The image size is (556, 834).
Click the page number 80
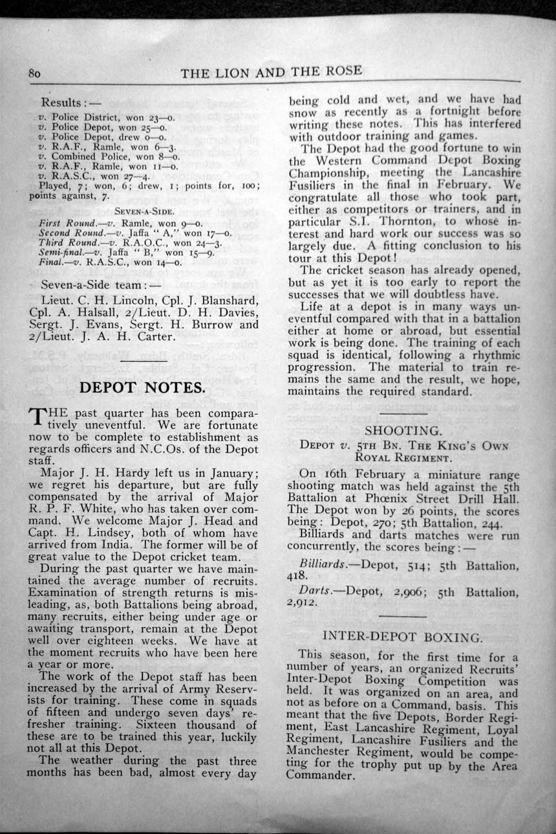[x=35, y=73]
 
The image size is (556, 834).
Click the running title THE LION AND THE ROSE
[x=272, y=72]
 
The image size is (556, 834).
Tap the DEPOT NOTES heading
[x=142, y=388]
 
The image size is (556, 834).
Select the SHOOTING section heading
[x=402, y=431]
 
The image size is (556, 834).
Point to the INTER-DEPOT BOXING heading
[x=402, y=637]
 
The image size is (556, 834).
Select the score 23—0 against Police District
[x=162, y=118]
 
